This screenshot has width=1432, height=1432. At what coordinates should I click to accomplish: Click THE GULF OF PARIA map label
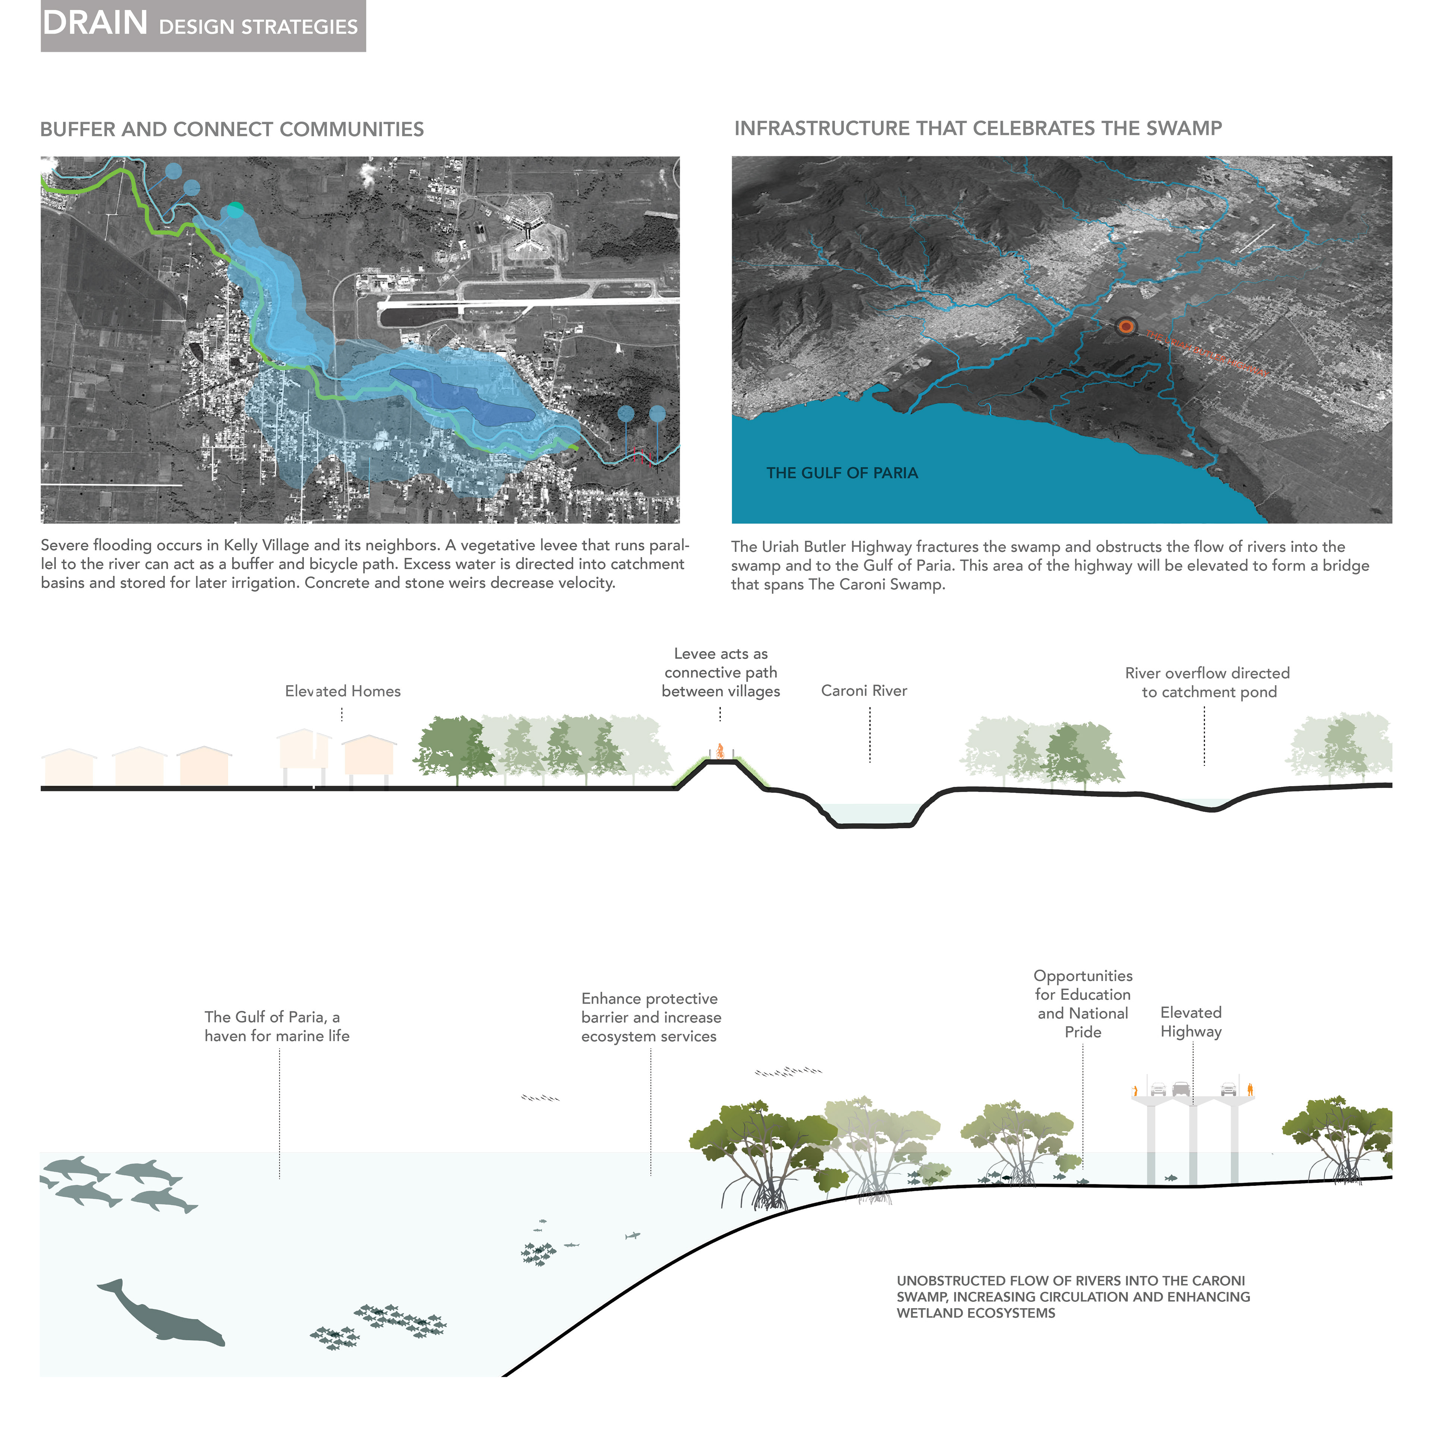click(842, 473)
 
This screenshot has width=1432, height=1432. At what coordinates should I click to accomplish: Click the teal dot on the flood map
click(235, 210)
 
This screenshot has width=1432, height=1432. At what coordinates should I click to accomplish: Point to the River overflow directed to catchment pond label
click(1208, 683)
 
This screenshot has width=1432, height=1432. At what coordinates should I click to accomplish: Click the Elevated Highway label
click(1190, 1022)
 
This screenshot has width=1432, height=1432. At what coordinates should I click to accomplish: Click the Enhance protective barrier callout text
click(650, 1017)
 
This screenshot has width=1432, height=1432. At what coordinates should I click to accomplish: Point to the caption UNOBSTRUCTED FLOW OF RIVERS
click(1073, 1296)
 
